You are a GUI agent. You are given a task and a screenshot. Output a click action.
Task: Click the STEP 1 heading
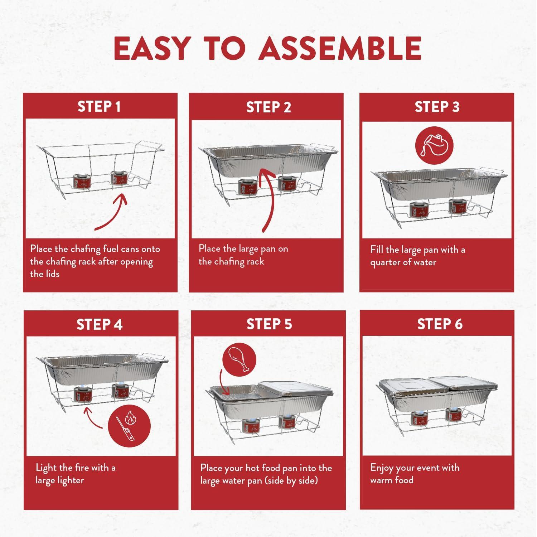99,107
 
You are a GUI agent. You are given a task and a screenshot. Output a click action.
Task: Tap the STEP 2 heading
268,107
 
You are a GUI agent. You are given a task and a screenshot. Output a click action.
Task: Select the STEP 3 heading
437,107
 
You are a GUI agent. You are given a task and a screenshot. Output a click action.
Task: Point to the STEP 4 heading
100,324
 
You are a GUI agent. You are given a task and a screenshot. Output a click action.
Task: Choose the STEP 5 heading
269,324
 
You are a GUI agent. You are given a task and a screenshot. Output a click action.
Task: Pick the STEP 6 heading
440,324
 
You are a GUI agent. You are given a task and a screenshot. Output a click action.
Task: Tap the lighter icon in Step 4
129,426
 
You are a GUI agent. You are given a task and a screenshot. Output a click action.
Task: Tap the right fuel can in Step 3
458,207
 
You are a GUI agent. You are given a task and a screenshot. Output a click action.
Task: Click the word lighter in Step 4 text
69,480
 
